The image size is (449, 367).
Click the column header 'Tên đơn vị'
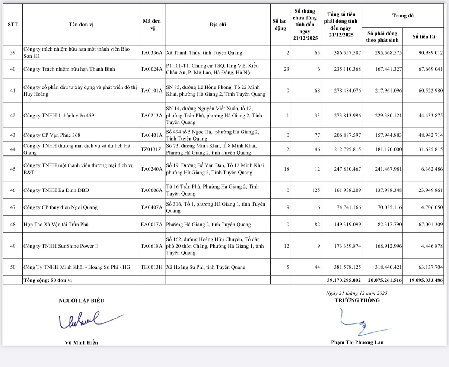pos(81,25)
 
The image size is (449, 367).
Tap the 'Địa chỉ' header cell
pos(218,25)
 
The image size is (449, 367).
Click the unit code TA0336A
pos(152,53)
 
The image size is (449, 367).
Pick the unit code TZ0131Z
pos(152,149)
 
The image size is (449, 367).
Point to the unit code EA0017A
pos(152,225)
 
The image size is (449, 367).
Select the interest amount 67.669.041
pos(430,69)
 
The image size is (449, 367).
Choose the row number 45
pos(13,169)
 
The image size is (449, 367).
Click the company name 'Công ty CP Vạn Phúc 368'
pos(52,135)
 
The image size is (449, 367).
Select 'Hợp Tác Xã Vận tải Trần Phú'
pos(56,225)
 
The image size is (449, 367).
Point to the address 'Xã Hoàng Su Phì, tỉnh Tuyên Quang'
pos(206,267)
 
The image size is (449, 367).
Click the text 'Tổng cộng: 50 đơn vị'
pos(47,280)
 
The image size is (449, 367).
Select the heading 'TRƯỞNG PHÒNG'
pos(357,300)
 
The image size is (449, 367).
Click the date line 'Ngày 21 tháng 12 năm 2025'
pos(357,293)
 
